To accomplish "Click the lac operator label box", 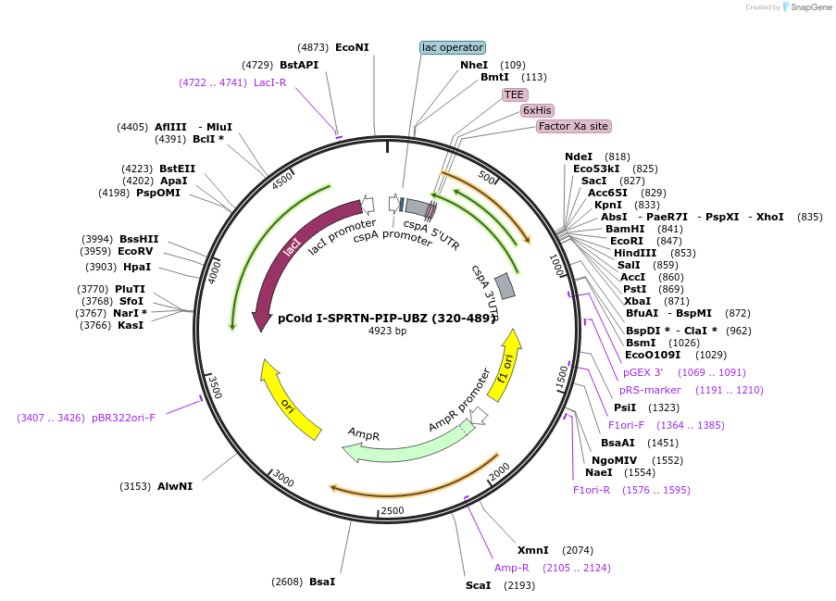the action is pyautogui.click(x=453, y=47).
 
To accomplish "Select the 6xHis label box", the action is pyautogui.click(x=537, y=110).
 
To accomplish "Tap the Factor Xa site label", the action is pyautogui.click(x=573, y=126).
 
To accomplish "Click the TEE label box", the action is pyautogui.click(x=514, y=95).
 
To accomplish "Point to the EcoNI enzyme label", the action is pyautogui.click(x=352, y=47).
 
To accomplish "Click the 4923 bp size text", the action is pyautogui.click(x=387, y=331).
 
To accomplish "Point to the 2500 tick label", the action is pyautogui.click(x=393, y=510).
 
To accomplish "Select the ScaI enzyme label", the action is pyautogui.click(x=479, y=585).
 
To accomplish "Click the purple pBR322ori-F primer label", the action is pyautogui.click(x=123, y=418).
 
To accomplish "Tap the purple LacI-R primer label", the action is pyautogui.click(x=269, y=82).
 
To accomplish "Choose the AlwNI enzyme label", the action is pyautogui.click(x=175, y=486).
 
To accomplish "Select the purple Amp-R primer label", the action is pyautogui.click(x=511, y=568).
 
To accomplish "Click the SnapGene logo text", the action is pyautogui.click(x=811, y=6).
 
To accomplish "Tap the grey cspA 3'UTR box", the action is pyautogui.click(x=505, y=286).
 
